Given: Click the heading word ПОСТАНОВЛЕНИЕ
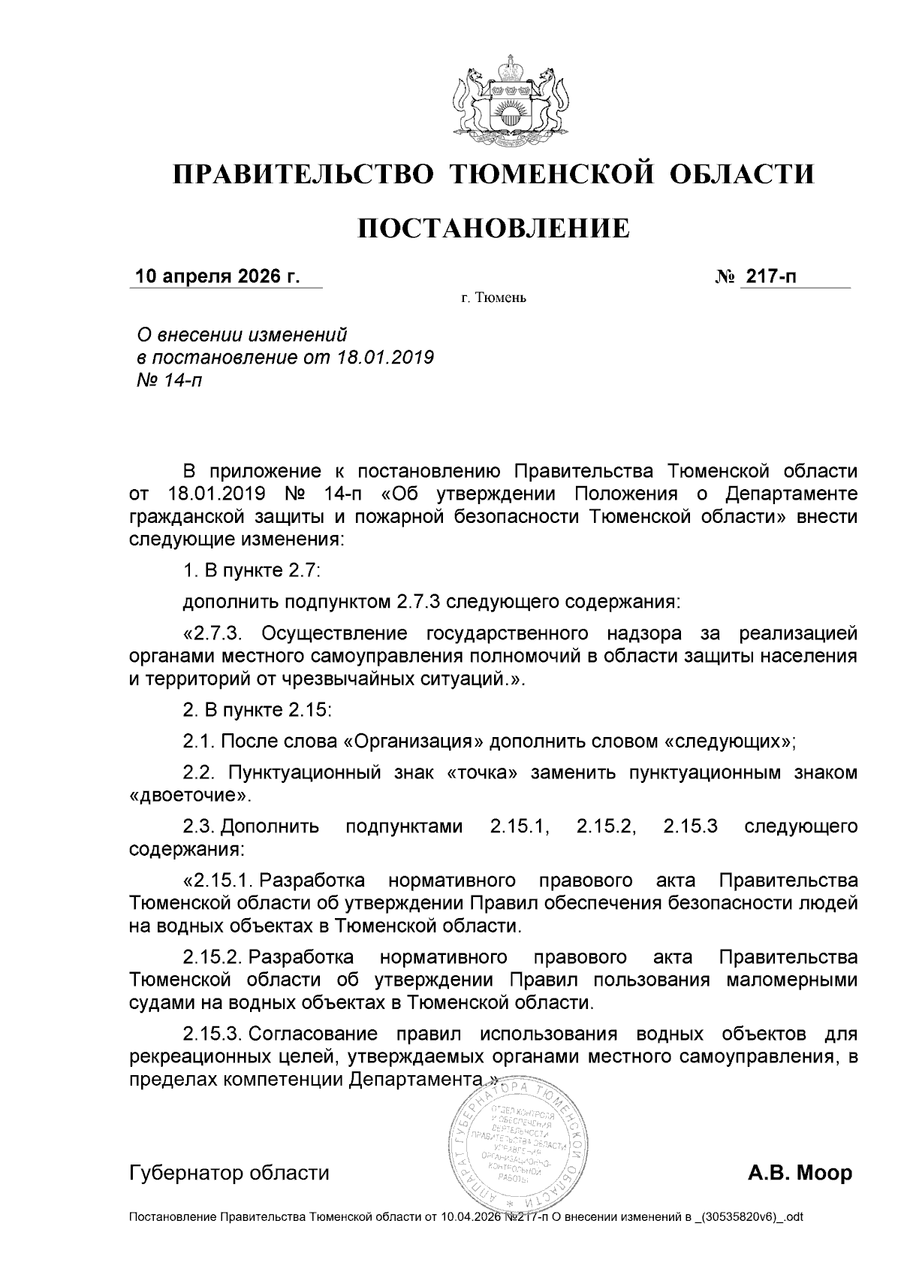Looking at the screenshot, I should pos(493,228).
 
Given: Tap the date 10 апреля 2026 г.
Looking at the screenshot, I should pos(216,276).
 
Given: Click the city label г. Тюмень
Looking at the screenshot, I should pos(493,299).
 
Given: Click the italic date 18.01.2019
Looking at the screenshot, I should pos(382,356).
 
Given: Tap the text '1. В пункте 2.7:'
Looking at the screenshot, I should pos(252,570).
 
